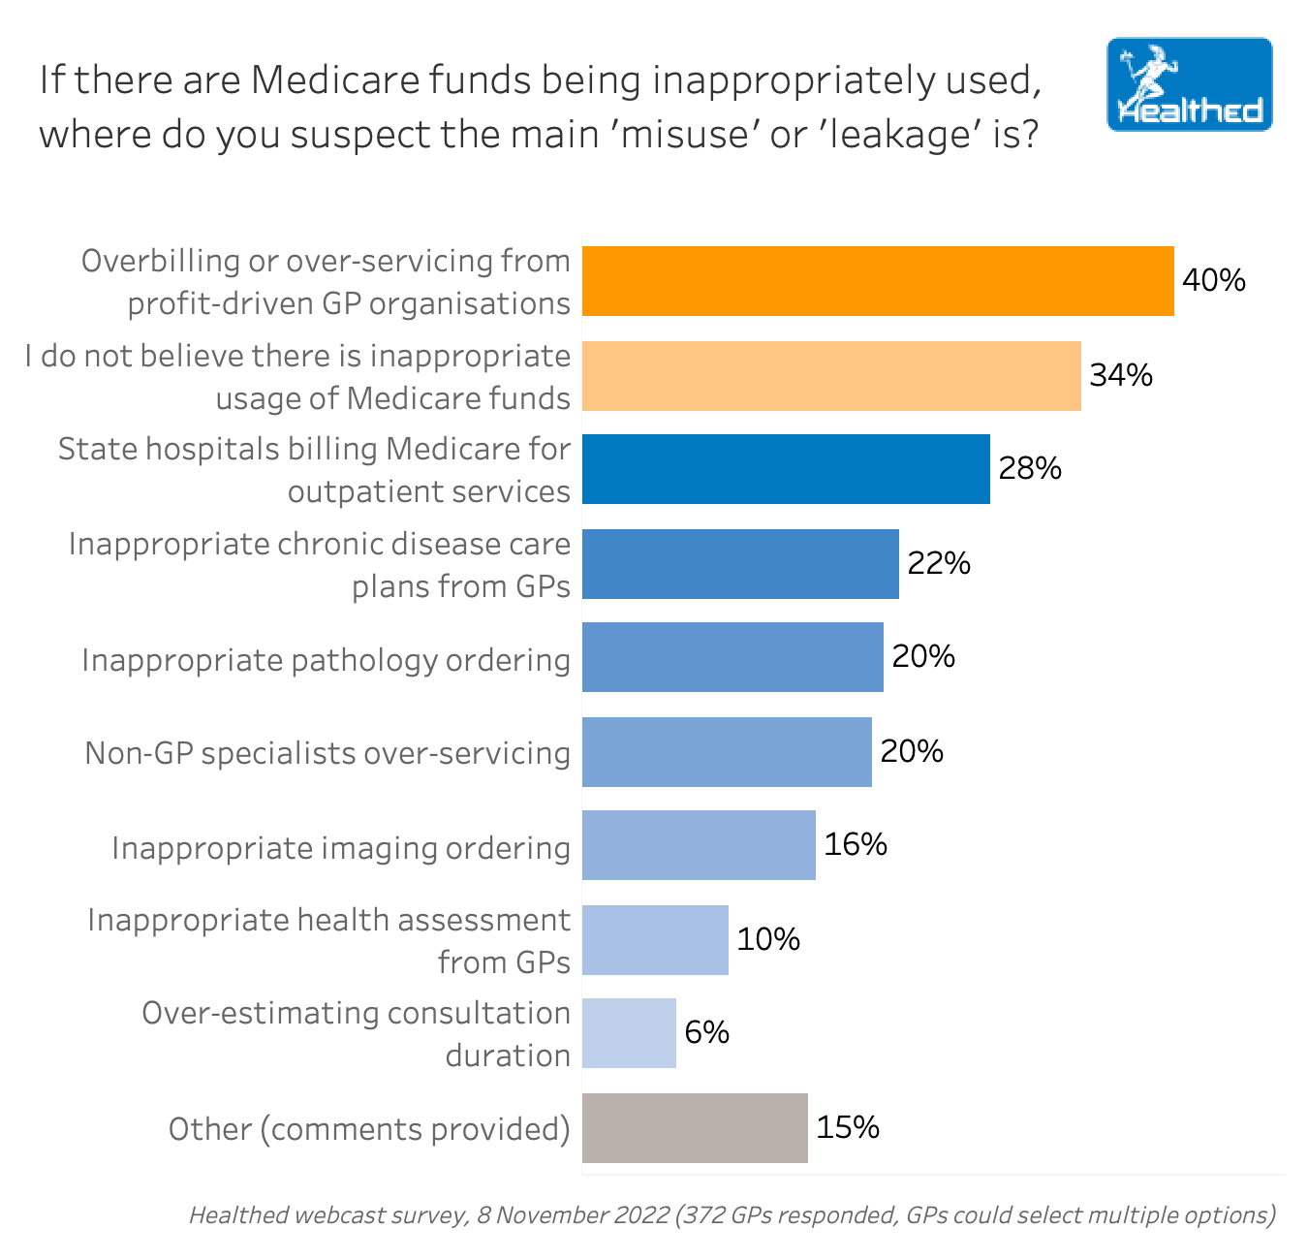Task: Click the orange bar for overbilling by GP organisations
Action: click(877, 281)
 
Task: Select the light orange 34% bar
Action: click(831, 376)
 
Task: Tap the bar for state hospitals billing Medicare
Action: click(786, 469)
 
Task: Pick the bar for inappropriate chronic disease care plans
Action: click(740, 564)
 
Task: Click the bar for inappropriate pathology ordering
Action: click(732, 657)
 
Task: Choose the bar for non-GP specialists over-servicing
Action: click(727, 752)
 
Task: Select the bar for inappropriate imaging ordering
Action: click(699, 845)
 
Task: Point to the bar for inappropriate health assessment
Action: click(655, 940)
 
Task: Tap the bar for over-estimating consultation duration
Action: click(629, 1033)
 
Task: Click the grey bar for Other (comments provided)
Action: click(695, 1128)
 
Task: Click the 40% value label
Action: click(1214, 281)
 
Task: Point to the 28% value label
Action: click(1030, 469)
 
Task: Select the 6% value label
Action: click(706, 1033)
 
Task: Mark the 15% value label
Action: click(848, 1128)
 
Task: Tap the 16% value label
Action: click(856, 845)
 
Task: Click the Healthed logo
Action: click(1189, 85)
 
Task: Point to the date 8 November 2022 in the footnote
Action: click(573, 1215)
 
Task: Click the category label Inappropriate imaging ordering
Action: click(341, 848)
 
